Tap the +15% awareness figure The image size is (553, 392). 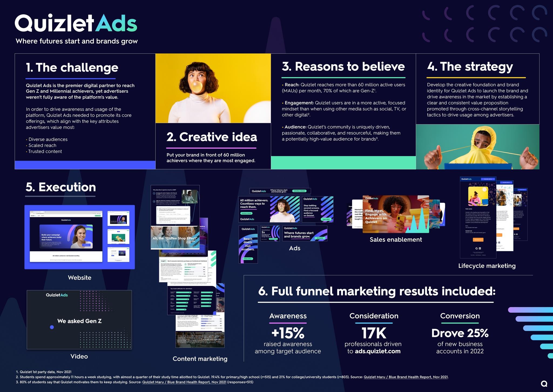click(x=288, y=333)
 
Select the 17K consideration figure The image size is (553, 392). click(x=374, y=333)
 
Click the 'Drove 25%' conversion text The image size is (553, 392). click(x=460, y=333)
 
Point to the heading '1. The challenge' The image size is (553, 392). click(x=72, y=67)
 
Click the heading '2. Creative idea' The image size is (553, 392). click(x=212, y=137)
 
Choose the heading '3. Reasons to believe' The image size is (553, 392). click(x=343, y=66)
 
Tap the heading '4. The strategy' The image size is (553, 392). click(x=470, y=66)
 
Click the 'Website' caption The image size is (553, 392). click(x=80, y=278)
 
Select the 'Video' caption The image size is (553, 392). click(x=79, y=356)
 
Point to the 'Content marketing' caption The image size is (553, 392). click(x=200, y=359)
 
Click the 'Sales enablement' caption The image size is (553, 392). click(x=396, y=239)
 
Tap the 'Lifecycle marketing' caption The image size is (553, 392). click(x=487, y=266)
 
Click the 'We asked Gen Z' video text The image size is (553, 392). click(x=79, y=321)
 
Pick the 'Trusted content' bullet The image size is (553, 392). click(x=45, y=151)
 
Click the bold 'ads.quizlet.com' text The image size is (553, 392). click(x=377, y=351)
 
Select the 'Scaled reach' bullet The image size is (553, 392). click(x=42, y=145)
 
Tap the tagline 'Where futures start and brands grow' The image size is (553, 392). click(x=77, y=41)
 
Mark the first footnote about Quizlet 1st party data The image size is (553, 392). click(x=44, y=372)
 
